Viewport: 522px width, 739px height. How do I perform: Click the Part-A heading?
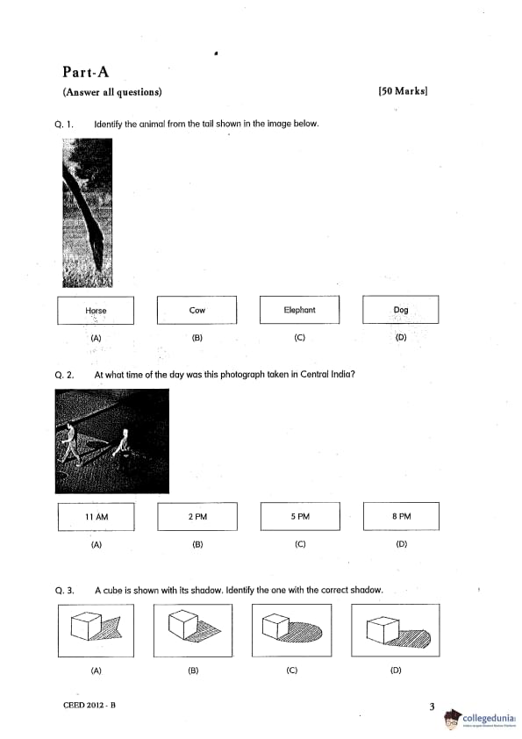coord(86,72)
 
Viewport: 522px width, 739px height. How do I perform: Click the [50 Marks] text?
coord(403,91)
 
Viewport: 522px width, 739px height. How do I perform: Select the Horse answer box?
coord(96,310)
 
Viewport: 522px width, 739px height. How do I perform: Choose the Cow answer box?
coord(197,310)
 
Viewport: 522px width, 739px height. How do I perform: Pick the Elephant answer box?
coord(300,309)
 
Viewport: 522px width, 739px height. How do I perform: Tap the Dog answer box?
coord(400,309)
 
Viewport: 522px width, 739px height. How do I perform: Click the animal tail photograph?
coord(88,212)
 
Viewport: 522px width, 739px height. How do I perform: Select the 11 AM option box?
coord(97,517)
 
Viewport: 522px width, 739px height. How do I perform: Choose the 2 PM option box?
coord(197,517)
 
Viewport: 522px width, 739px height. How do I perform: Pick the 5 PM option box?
coord(300,516)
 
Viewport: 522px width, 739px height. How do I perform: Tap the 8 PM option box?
coord(402,516)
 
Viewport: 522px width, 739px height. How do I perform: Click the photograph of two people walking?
coord(112,441)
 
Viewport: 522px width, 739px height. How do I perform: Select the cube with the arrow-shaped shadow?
coord(97,630)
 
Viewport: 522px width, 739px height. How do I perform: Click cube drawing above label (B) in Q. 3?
coord(193,630)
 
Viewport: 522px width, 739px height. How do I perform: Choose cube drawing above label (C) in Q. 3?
coord(291,630)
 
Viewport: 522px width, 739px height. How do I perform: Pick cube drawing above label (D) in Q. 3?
coord(396,630)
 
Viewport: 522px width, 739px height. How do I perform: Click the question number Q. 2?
coord(65,375)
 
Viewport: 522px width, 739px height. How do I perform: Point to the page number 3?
coord(432,707)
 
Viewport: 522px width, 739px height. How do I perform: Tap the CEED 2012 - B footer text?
coord(89,705)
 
